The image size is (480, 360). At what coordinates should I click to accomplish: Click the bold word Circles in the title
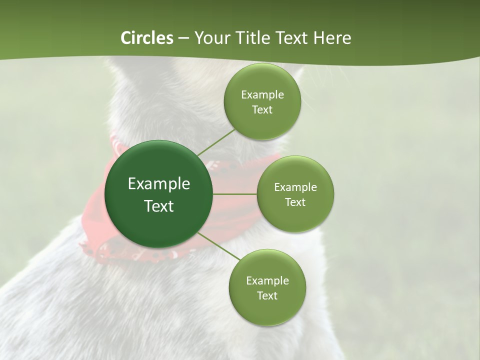tap(146, 38)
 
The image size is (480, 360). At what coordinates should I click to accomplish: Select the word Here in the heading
tap(332, 38)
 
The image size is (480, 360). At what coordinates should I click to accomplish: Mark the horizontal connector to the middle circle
tap(235, 194)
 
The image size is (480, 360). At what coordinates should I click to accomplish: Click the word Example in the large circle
tap(159, 184)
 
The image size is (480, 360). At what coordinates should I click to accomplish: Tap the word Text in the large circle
tap(159, 206)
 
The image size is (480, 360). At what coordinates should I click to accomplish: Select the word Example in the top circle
tap(262, 95)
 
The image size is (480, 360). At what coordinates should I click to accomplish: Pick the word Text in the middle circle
tap(295, 202)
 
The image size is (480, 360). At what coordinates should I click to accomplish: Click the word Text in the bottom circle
tap(267, 295)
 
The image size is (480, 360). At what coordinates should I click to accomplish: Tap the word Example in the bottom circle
tap(267, 281)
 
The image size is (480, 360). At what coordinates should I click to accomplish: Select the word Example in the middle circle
tap(295, 187)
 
